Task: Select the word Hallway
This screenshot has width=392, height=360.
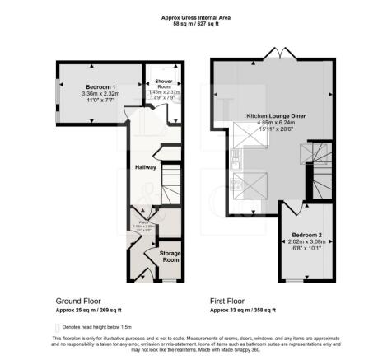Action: point(145,168)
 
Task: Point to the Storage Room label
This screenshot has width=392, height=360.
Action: point(170,256)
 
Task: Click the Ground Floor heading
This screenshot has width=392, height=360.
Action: point(80,301)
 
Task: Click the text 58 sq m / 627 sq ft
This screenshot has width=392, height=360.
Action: point(196,25)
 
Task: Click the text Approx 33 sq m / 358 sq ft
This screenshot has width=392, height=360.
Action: point(244,311)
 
